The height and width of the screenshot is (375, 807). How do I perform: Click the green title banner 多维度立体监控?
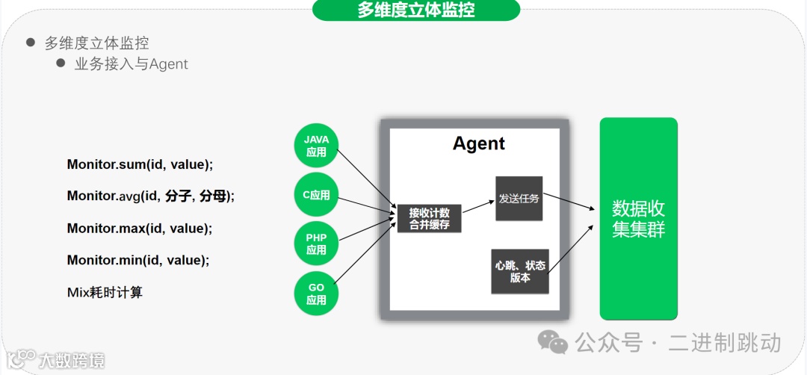(x=415, y=10)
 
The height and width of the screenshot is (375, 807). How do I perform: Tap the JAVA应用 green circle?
(x=316, y=146)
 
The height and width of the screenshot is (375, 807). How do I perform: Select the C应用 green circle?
(x=316, y=196)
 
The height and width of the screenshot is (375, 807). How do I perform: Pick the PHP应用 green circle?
(x=316, y=244)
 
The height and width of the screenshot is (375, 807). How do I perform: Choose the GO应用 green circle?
(x=316, y=294)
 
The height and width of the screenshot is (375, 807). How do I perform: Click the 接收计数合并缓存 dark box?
(x=429, y=218)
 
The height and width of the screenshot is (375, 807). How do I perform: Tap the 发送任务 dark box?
(x=519, y=199)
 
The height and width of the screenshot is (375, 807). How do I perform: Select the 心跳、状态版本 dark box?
(x=519, y=271)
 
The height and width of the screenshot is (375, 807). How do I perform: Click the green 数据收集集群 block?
(x=638, y=218)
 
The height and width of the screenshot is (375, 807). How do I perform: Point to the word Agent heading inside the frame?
(x=479, y=143)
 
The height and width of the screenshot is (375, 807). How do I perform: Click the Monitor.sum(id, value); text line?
(x=140, y=164)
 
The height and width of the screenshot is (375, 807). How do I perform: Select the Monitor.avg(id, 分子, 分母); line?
(x=150, y=196)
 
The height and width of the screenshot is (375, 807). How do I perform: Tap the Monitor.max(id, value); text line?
(x=139, y=229)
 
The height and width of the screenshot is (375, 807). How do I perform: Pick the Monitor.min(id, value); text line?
(x=137, y=260)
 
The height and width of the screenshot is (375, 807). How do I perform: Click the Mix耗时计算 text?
(x=105, y=292)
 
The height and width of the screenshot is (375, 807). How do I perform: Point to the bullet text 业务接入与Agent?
(x=131, y=64)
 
